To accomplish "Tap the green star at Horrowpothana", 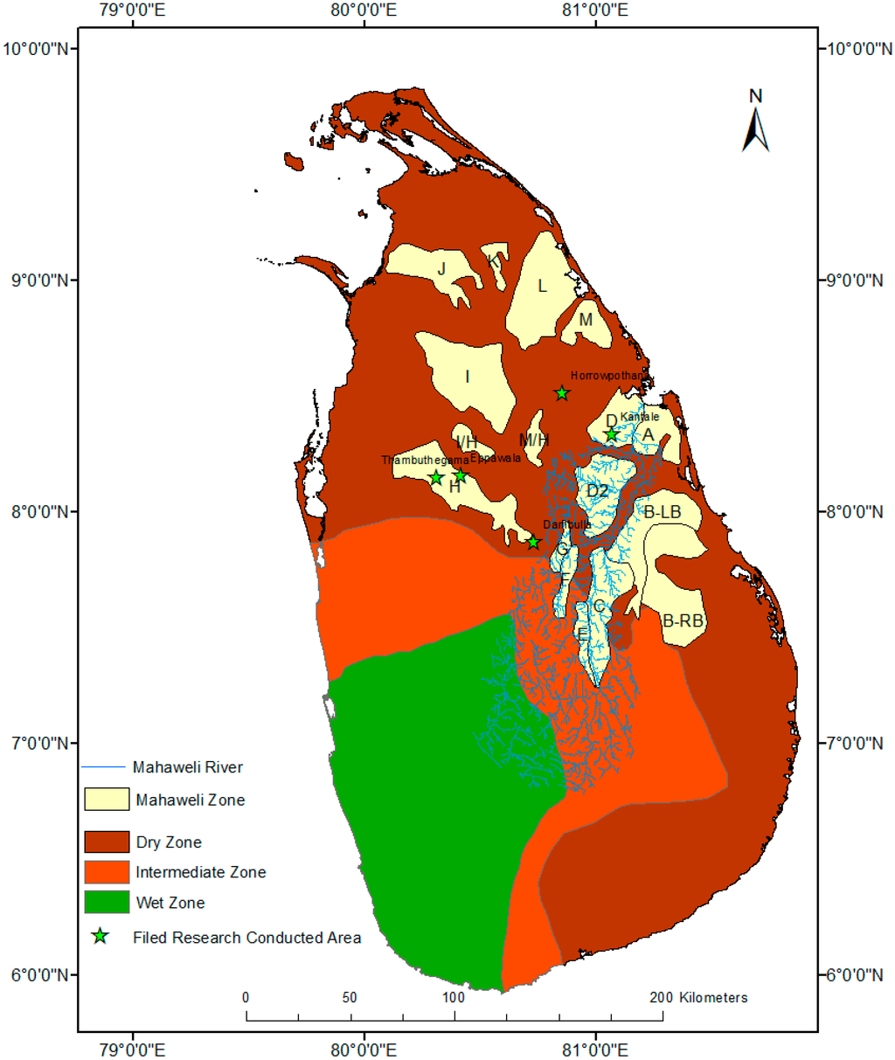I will point(562,393).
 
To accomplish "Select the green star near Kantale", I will point(612,434).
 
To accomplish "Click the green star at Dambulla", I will point(533,543).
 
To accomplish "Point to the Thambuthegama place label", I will point(425,461).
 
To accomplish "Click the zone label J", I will point(442,269).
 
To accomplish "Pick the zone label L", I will point(542,287).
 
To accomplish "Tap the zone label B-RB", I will point(683,621).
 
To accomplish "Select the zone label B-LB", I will point(663,512).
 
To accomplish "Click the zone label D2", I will point(597,491).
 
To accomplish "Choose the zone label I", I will point(468,377).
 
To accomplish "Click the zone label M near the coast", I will point(586,320).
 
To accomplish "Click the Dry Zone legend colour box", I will point(107,842).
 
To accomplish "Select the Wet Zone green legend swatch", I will point(107,902).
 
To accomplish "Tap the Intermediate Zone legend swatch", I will point(107,872).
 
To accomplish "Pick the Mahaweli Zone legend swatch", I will point(107,800).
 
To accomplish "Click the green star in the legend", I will point(101,937).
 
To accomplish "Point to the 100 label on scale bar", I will point(453,997).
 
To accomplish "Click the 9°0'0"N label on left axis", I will point(39,281).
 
